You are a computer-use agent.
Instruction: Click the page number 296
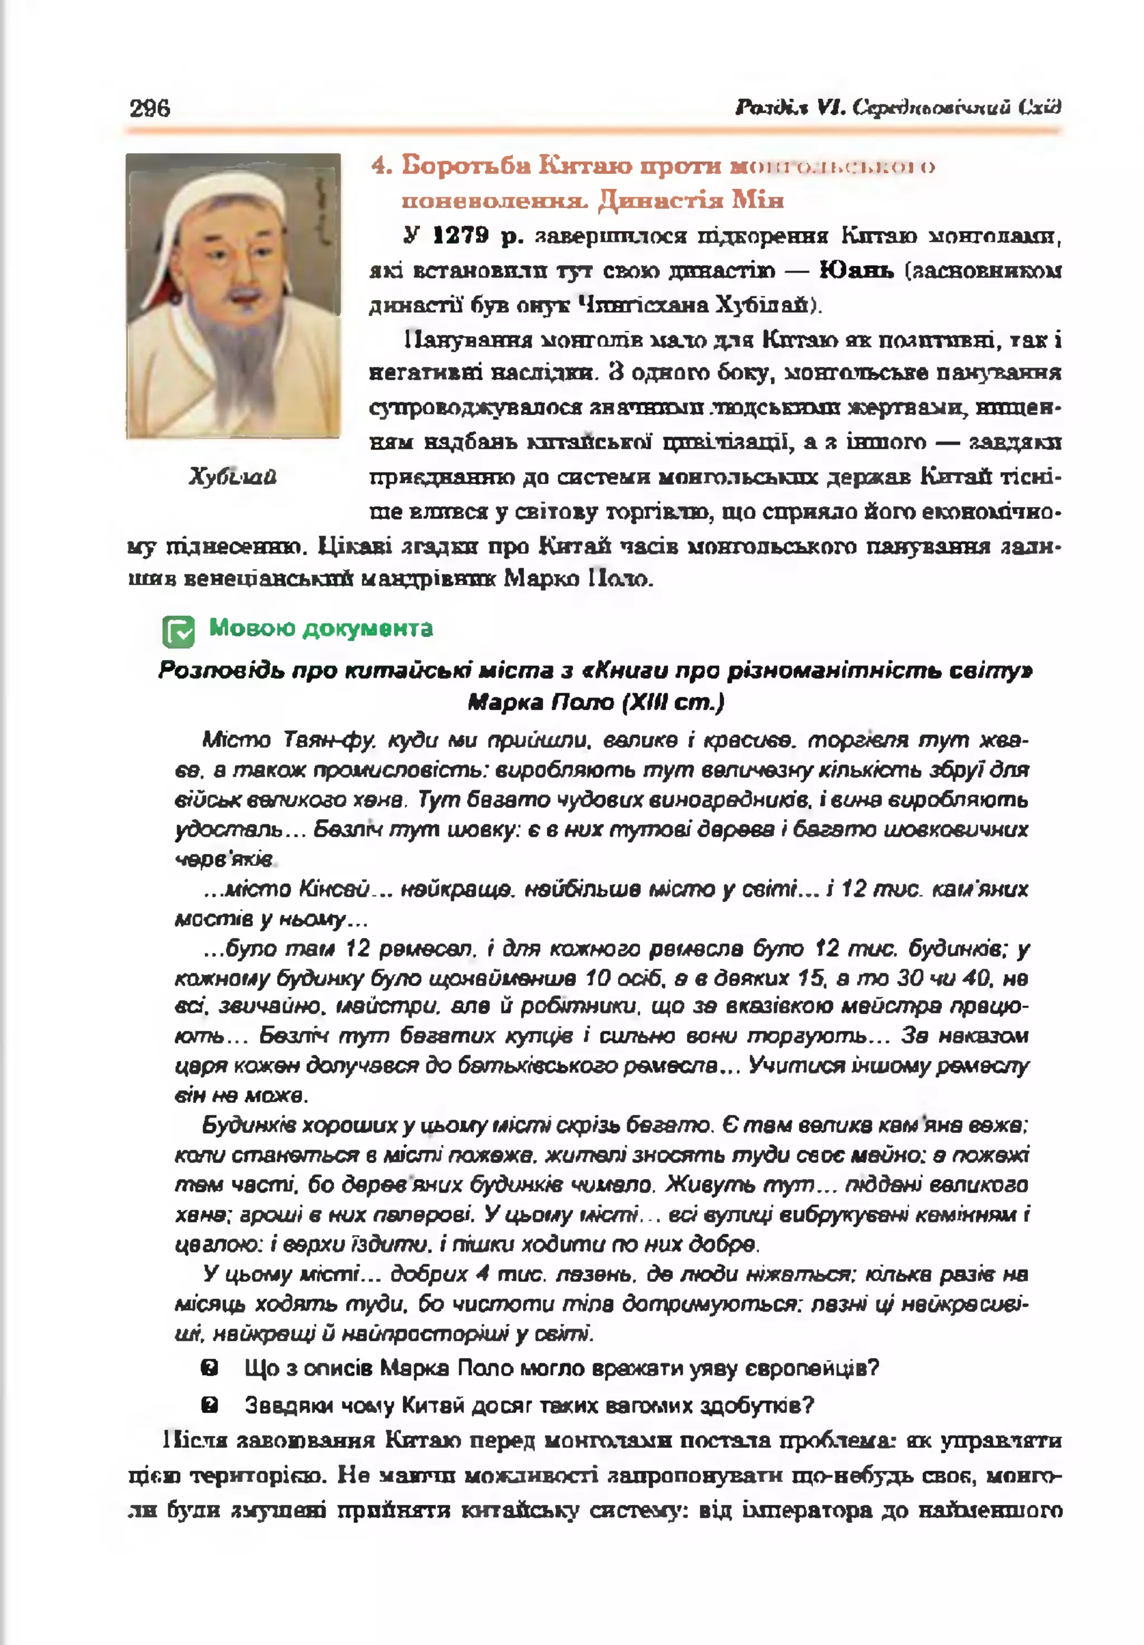150,108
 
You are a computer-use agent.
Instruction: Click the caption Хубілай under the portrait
232,476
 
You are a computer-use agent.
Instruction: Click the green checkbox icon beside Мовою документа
178,631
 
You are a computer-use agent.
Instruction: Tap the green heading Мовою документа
321,628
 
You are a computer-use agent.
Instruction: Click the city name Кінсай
334,889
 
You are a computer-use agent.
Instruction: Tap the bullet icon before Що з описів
209,1369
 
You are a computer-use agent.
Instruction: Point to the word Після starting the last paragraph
189,1440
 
